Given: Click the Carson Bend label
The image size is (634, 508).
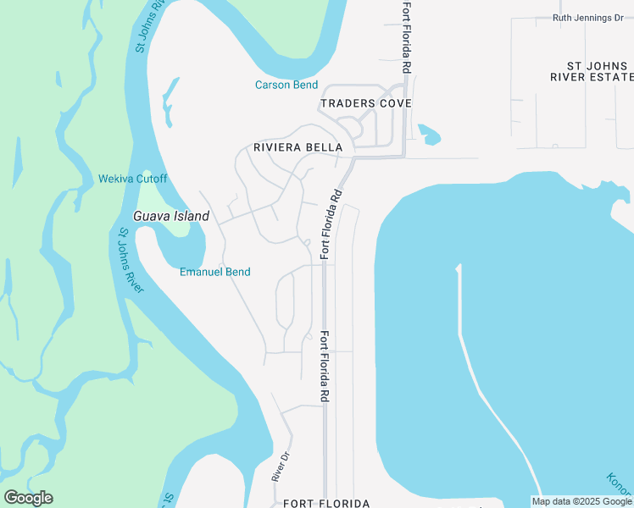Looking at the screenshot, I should (x=286, y=85).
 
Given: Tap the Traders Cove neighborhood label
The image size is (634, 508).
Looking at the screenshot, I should (x=365, y=103).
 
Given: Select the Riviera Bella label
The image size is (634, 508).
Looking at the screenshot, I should (x=298, y=147).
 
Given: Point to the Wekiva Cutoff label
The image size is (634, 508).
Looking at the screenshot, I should (x=133, y=179).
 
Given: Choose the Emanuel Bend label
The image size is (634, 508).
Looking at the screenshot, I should (x=214, y=272).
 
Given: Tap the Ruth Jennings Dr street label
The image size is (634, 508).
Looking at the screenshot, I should (x=593, y=18).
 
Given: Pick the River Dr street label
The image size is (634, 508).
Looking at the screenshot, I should (x=281, y=467).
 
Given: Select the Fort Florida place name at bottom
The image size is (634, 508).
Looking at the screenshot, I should (x=326, y=503).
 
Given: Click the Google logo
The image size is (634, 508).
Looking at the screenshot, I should (x=28, y=497).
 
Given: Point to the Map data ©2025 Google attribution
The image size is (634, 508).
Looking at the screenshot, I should (x=581, y=502).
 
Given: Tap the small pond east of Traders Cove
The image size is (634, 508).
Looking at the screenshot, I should (x=429, y=134).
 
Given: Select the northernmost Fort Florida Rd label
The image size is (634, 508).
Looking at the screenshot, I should (x=406, y=36).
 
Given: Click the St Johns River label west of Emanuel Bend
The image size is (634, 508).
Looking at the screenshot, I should (x=131, y=259).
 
